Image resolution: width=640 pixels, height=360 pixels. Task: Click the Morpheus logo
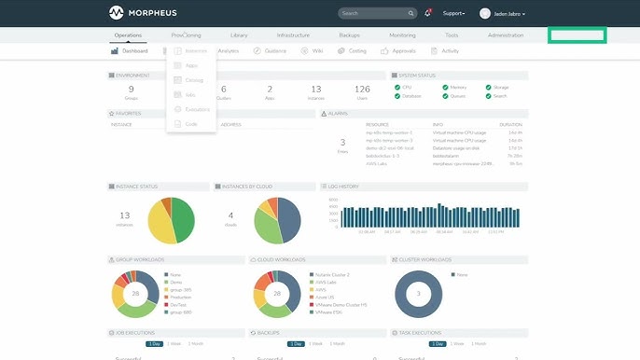[140, 13]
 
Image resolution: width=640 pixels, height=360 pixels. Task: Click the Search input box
[373, 13]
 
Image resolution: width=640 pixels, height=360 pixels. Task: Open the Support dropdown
[453, 13]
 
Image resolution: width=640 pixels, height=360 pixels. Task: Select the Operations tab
[128, 35]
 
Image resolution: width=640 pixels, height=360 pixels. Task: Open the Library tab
[238, 35]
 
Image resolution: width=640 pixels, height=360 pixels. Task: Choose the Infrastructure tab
[293, 35]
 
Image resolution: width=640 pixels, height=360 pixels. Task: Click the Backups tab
[349, 35]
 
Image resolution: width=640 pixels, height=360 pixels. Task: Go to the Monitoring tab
[402, 35]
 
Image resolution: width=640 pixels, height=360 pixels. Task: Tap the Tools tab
[452, 35]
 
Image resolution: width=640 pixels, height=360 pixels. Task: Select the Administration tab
[506, 35]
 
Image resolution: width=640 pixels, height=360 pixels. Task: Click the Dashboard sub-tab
[129, 51]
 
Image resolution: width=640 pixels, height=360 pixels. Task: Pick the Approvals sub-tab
[399, 51]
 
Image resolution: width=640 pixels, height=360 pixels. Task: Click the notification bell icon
[428, 13]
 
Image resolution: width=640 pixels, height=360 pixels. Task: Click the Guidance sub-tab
[271, 51]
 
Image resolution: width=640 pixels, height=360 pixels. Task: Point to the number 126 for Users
[362, 90]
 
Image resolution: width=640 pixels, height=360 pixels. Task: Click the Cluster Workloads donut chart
[419, 295]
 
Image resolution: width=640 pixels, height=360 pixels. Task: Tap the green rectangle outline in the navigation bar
[577, 35]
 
